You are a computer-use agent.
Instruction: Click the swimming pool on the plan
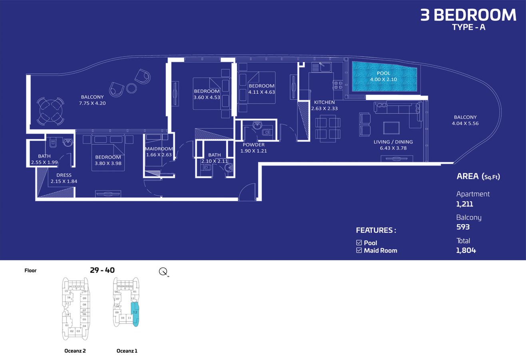pyautogui.click(x=384, y=78)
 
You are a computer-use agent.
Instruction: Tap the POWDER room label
pyautogui.click(x=253, y=145)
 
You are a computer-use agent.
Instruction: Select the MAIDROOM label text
pyautogui.click(x=159, y=149)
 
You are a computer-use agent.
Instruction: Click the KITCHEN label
pyautogui.click(x=324, y=102)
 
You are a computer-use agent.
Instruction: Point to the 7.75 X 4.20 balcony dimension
pyautogui.click(x=92, y=103)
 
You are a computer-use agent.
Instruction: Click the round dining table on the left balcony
pyautogui.click(x=51, y=112)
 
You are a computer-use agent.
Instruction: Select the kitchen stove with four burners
pyautogui.click(x=338, y=85)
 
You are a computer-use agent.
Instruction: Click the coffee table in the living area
pyautogui.click(x=391, y=128)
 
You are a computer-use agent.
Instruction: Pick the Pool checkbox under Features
pyautogui.click(x=359, y=243)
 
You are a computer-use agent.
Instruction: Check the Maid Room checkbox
pyautogui.click(x=359, y=250)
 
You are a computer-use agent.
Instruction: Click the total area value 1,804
pyautogui.click(x=466, y=250)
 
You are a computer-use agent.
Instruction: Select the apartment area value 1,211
pyautogui.click(x=464, y=204)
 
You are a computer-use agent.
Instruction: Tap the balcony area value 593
pyautogui.click(x=463, y=227)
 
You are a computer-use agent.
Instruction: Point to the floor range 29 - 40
pyautogui.click(x=102, y=270)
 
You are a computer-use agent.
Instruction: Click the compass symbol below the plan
pyautogui.click(x=163, y=272)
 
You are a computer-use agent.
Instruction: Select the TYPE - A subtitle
pyautogui.click(x=468, y=27)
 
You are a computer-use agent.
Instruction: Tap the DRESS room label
pyautogui.click(x=64, y=175)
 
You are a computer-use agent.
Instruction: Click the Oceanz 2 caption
pyautogui.click(x=75, y=351)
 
